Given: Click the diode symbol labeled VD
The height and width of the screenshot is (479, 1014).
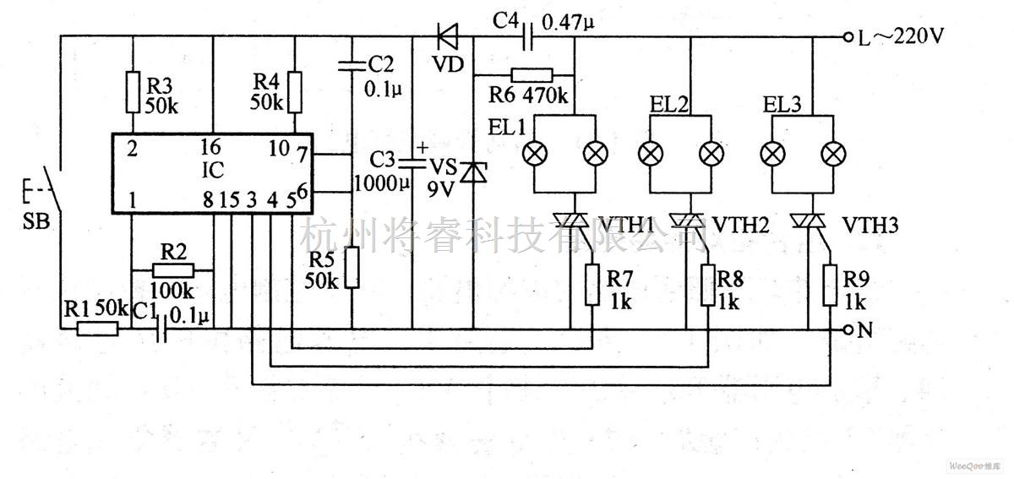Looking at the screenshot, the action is tap(447, 36).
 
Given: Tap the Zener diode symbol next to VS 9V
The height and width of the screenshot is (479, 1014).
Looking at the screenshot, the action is tap(473, 172).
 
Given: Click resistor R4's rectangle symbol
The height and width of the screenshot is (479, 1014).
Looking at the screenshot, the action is tap(295, 91).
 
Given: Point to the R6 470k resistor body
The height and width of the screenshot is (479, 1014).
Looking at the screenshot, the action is tap(532, 75).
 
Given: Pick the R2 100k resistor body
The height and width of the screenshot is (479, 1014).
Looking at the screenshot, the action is tap(173, 270).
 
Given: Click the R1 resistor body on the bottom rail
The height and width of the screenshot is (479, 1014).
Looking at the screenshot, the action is tap(98, 329).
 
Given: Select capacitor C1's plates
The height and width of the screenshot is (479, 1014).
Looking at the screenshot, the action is tap(161, 329).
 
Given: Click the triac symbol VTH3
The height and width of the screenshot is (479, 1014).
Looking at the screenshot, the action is tap(809, 221).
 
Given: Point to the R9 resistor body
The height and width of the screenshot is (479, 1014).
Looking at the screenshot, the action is tap(830, 286).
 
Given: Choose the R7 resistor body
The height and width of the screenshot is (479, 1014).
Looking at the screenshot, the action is tap(592, 286).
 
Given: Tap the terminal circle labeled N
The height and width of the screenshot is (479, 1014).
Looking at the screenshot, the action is tap(848, 329).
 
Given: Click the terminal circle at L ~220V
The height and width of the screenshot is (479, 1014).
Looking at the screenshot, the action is tap(848, 37).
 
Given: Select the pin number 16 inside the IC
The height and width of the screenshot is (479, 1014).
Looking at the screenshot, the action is tap(210, 147).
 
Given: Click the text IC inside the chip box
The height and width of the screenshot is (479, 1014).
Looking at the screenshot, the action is tap(212, 171).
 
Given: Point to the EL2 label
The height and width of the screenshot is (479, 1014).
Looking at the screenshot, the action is tap(669, 105).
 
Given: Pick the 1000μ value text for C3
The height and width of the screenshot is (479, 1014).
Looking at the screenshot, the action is tap(382, 184).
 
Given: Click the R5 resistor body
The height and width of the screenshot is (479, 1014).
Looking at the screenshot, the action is tap(352, 268).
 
